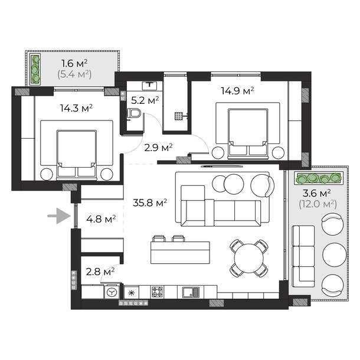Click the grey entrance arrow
coord(59,216)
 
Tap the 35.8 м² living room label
coord(150,203)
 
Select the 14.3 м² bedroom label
coord(76,108)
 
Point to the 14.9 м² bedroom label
coord(237,91)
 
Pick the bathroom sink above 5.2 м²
coord(149,85)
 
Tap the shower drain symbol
coord(178,116)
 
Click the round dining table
coord(249,258)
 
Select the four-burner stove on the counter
coord(158,292)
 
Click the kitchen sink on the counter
coord(191,292)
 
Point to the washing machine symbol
coord(112,292)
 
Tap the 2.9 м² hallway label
coord(158,148)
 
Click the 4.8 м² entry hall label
coord(101,219)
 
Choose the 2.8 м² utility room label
coord(100,272)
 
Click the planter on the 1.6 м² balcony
coord(35,69)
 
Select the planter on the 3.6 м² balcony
coord(319,178)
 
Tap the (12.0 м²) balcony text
coord(318,204)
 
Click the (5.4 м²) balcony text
coord(74,74)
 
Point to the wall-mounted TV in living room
coord(221,166)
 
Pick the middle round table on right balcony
coord(334,254)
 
